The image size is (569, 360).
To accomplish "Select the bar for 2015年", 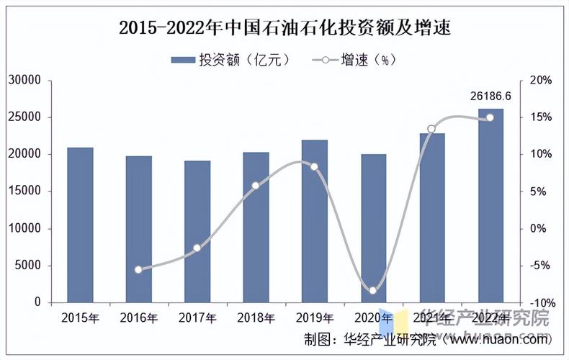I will [x=80, y=225].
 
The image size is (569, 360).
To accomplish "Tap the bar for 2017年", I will [x=197, y=231].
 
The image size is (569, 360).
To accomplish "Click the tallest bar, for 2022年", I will [x=491, y=205].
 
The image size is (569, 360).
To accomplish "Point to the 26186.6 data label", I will [x=490, y=96].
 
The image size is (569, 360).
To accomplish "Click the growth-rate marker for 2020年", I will [x=373, y=290].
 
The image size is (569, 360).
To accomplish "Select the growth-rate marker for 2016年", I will [x=138, y=269].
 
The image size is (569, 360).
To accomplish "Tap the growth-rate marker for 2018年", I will [x=256, y=186].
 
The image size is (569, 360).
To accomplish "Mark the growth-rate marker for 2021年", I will [x=431, y=129].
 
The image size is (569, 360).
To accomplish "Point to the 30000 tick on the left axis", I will [x=25, y=80].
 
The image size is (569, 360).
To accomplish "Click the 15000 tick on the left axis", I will [x=25, y=192].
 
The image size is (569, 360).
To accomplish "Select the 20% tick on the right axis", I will [x=539, y=80].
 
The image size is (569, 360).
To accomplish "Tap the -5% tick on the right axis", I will [x=539, y=266].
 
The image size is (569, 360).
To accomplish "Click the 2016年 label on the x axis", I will [x=139, y=318].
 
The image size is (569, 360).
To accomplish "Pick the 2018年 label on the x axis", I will [x=256, y=318].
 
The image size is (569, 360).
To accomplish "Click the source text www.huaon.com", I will [x=498, y=338].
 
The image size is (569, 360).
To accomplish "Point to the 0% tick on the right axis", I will [x=539, y=228].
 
